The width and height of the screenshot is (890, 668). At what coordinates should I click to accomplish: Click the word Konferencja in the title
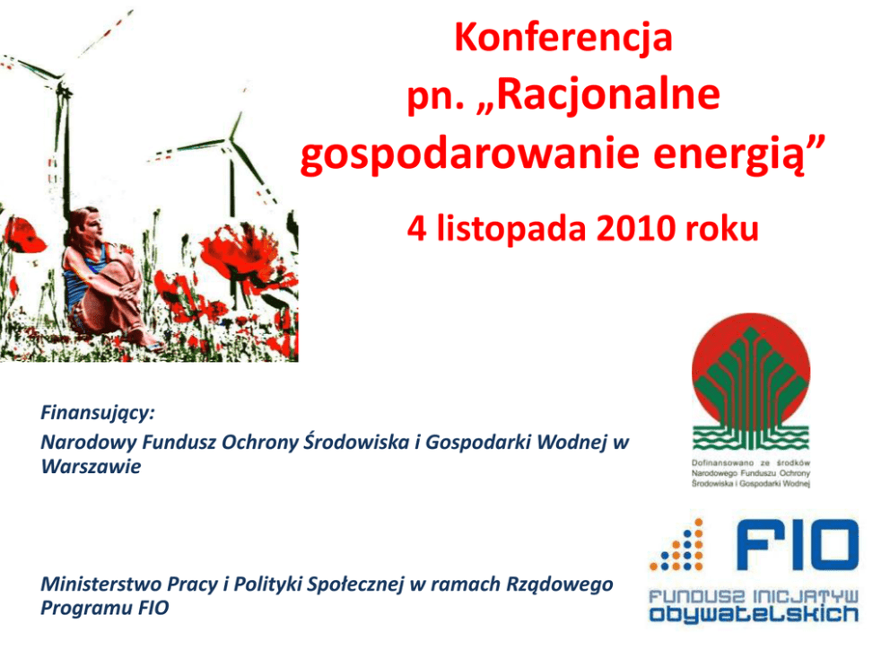pos(563,38)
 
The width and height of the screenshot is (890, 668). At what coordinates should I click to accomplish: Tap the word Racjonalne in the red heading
pos(610,94)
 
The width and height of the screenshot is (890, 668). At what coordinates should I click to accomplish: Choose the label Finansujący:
pos(98,413)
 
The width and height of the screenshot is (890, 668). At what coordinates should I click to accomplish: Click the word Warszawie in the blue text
pos(91,466)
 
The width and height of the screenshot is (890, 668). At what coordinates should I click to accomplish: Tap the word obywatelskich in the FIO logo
pos(754,614)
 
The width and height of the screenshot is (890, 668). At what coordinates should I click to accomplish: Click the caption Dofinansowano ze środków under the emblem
pos(751,463)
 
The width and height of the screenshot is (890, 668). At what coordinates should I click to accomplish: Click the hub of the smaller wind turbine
pos(230,140)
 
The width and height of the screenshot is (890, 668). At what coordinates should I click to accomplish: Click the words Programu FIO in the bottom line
pos(105,608)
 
